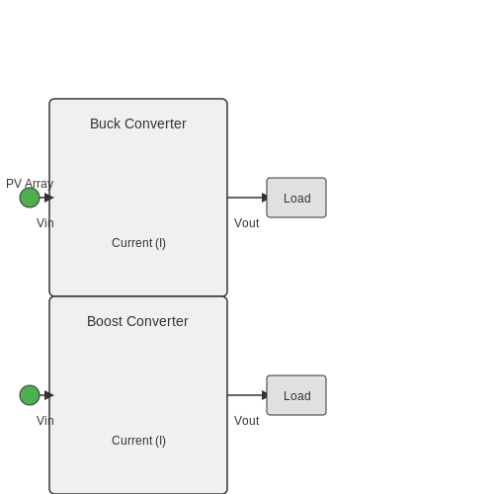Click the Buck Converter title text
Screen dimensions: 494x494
pyautogui.click(x=138, y=123)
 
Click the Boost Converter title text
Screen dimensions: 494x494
pyautogui.click(x=137, y=321)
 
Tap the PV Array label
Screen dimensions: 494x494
pyautogui.click(x=30, y=184)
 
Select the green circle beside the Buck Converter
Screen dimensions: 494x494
pyautogui.click(x=30, y=198)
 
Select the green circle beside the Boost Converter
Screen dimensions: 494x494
pyautogui.click(x=30, y=395)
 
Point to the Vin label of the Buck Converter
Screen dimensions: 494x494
pyautogui.click(x=45, y=223)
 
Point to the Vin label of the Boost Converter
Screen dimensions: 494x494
pyautogui.click(x=45, y=421)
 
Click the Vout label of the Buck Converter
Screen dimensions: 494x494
pyautogui.click(x=247, y=223)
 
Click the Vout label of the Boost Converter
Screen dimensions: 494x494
pyautogui.click(x=247, y=421)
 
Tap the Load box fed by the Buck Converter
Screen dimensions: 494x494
pyautogui.click(x=296, y=198)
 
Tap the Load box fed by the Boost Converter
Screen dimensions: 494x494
pyautogui.click(x=296, y=395)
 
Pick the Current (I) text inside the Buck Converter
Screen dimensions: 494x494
pyautogui.click(x=138, y=243)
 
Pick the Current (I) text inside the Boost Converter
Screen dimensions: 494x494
pyautogui.click(x=138, y=441)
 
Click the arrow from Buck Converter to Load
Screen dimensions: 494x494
pyautogui.click(x=247, y=198)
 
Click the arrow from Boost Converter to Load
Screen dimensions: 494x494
pyautogui.click(x=247, y=395)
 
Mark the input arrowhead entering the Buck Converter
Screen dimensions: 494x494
pyautogui.click(x=49, y=198)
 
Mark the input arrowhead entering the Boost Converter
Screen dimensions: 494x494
pyautogui.click(x=49, y=395)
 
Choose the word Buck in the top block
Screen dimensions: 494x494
pyautogui.click(x=106, y=123)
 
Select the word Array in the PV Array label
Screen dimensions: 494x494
pyautogui.click(x=40, y=184)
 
